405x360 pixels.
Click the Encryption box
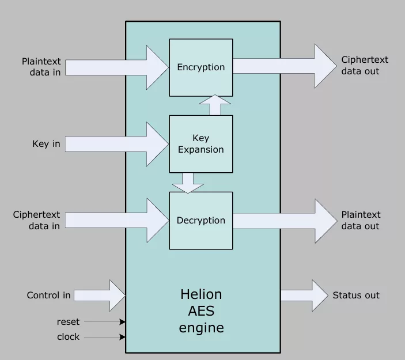[200, 67]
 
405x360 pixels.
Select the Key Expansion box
[200, 144]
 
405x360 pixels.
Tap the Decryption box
[200, 221]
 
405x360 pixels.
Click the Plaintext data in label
[41, 67]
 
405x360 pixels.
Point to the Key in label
[46, 144]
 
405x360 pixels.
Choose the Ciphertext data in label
[37, 221]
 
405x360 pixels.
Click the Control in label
[49, 295]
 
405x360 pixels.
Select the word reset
[68, 322]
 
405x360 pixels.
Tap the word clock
[68, 337]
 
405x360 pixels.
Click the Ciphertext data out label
[364, 66]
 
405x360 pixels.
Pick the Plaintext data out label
[361, 221]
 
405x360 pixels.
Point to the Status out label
[356, 295]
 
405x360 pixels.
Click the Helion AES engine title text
[200, 311]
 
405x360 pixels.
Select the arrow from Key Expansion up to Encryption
[215, 105]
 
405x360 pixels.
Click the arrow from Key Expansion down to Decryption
[187, 182]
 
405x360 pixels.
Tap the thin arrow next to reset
[104, 322]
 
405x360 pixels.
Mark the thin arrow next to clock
[104, 337]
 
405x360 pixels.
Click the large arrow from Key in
[115, 144]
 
